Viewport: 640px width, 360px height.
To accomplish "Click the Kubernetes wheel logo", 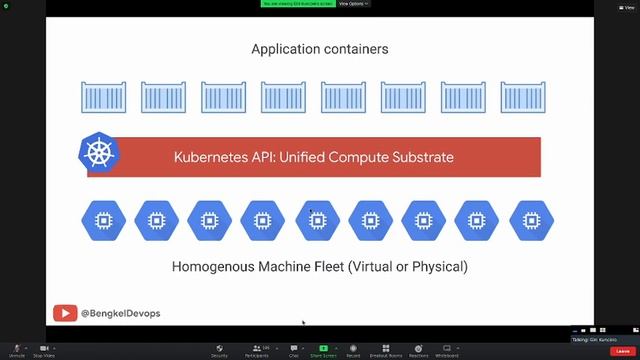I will coord(98,155).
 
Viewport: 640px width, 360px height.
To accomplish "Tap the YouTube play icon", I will coord(65,313).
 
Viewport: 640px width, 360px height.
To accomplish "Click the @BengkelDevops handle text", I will coord(120,313).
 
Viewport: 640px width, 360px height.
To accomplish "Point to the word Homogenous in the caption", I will coord(212,267).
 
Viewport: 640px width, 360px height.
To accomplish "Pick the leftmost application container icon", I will coord(105,97).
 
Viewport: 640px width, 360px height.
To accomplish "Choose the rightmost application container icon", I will coord(524,97).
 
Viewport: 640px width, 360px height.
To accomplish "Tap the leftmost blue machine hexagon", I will coord(101,220).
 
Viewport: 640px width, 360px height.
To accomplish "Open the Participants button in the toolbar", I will coord(259,350).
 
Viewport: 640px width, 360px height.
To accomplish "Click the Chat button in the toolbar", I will coord(294,350).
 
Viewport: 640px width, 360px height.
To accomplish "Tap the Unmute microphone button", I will coord(16,350).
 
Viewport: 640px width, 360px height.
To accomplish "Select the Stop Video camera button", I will coord(44,350).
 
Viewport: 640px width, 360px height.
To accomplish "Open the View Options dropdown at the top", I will coord(354,4).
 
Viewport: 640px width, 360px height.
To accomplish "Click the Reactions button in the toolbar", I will coord(418,350).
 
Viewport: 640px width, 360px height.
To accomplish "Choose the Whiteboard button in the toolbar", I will coord(446,350).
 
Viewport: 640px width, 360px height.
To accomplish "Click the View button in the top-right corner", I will coord(627,7).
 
